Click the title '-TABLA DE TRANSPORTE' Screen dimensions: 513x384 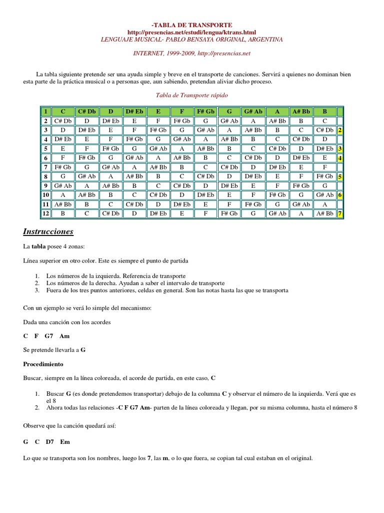point(192,25)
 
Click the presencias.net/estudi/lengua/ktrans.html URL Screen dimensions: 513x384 point(191,32)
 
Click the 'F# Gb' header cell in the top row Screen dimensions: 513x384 point(205,111)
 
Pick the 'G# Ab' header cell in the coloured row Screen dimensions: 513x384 point(253,111)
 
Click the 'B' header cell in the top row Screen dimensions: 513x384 point(324,111)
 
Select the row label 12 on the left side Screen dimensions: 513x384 point(44,213)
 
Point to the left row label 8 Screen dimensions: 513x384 point(44,176)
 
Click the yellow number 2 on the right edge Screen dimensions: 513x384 point(339,130)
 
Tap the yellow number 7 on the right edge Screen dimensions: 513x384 point(339,213)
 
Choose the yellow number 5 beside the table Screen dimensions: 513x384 point(339,176)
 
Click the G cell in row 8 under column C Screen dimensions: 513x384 point(63,176)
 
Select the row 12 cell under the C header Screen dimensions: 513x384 point(63,213)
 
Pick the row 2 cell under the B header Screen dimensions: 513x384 point(324,121)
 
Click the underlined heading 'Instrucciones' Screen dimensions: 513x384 point(48,231)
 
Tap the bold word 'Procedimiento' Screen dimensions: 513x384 point(43,363)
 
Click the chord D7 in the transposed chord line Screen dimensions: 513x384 point(50,442)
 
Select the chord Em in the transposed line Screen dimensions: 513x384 point(65,442)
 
